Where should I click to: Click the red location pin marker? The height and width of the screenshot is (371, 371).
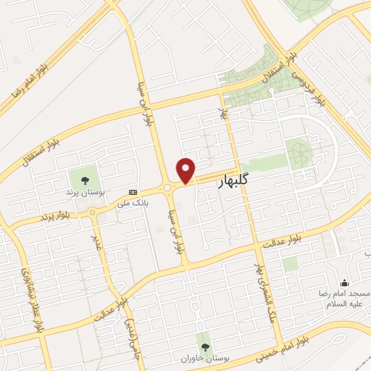pos(187,170)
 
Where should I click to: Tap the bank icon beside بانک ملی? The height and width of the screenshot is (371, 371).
pos(132,192)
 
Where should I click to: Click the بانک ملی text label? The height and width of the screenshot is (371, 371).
pos(134,204)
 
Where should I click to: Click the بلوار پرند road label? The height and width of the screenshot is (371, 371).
pos(57,214)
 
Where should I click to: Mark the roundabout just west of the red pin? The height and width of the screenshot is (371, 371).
pos(169,187)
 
